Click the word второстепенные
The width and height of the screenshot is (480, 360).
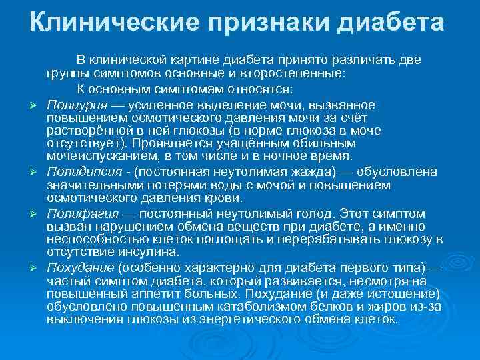point(296,74)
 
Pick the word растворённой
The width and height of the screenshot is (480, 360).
point(85,131)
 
